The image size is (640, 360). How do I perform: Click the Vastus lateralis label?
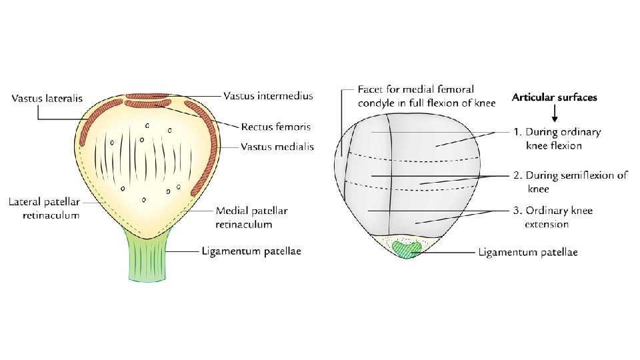(47, 99)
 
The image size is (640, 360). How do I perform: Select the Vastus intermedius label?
(268, 96)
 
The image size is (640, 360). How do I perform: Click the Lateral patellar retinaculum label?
(45, 208)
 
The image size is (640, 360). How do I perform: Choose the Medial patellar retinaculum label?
(251, 217)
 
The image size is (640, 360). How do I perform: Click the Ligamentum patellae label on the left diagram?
(251, 251)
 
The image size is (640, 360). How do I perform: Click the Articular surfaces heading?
(554, 97)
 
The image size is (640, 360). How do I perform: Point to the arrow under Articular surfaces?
(555, 112)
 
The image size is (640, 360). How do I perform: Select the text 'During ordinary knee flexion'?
(562, 138)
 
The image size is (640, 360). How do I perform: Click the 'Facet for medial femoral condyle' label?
(415, 95)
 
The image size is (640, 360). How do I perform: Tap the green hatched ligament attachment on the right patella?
(407, 249)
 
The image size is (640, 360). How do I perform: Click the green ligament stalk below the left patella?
(147, 257)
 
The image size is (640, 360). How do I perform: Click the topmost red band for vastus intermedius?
(147, 96)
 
